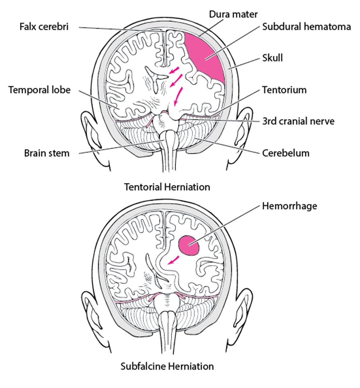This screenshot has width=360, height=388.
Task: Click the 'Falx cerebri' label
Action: point(44,27)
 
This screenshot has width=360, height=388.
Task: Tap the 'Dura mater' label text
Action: point(233,14)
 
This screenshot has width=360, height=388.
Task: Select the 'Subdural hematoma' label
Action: point(306,27)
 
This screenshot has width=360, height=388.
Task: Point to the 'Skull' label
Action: point(272,58)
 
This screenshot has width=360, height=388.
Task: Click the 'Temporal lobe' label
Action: point(39,90)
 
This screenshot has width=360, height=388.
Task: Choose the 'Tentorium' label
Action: point(284,90)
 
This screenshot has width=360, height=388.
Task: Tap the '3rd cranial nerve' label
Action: point(298,121)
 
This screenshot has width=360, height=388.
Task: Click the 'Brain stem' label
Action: point(47,153)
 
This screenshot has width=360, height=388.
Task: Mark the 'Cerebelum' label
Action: point(286,153)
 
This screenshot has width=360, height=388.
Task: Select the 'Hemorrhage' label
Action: point(289,206)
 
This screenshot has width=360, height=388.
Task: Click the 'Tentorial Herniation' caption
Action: point(167,187)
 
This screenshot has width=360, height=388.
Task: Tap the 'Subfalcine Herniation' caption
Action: point(167,366)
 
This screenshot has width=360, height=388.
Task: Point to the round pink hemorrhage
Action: point(189,245)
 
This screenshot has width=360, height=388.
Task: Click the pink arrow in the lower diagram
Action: point(173,260)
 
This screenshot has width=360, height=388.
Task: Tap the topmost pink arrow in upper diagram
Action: point(174,71)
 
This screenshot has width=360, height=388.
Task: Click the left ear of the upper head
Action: point(90,132)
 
